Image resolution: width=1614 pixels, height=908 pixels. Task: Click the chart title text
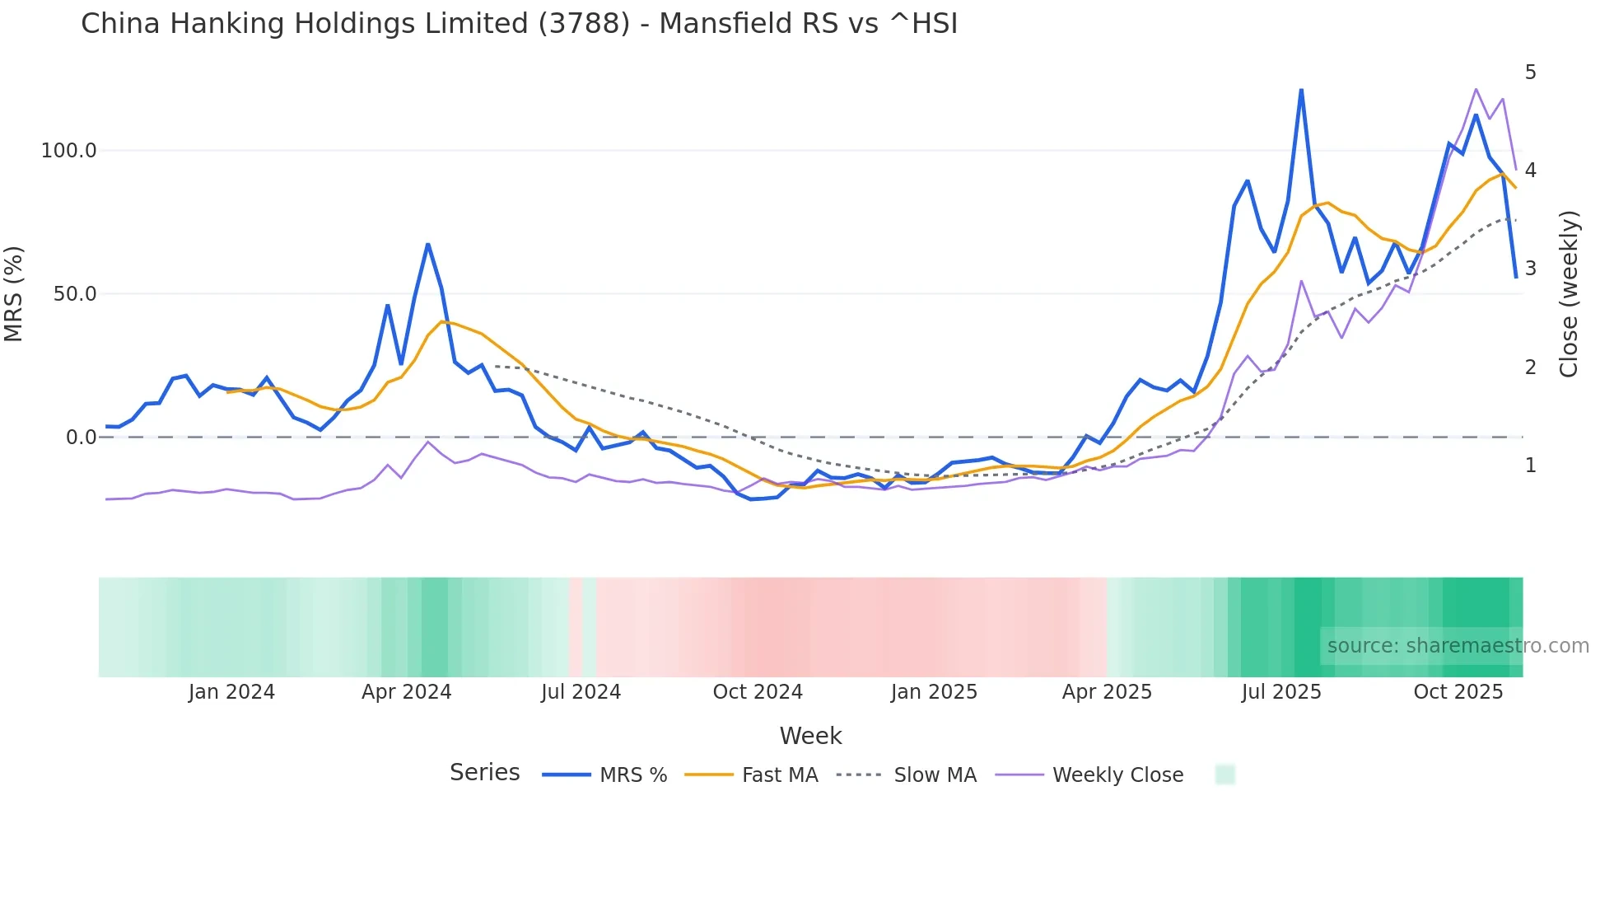(519, 24)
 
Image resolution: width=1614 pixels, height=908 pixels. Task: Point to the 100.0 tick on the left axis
(69, 151)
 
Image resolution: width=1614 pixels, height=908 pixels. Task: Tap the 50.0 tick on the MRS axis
(75, 294)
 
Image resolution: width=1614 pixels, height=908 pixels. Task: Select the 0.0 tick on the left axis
(81, 438)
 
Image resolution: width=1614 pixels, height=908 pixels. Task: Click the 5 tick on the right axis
(1530, 73)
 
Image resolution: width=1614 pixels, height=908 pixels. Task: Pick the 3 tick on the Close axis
(1530, 269)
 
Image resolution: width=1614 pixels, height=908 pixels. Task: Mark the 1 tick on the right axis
(1530, 466)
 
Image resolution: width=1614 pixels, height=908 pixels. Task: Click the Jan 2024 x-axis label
(231, 692)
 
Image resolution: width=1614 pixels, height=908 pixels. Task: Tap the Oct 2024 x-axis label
(758, 692)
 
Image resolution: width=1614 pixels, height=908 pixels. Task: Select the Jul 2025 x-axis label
(1281, 692)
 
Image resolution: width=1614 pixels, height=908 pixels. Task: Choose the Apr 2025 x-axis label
(1107, 692)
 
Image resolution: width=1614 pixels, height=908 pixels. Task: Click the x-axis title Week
(810, 736)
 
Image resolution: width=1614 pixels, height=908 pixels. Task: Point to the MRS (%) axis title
(14, 294)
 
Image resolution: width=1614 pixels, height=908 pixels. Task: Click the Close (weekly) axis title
(1569, 294)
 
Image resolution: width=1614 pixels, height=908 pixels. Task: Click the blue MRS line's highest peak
(1301, 90)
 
